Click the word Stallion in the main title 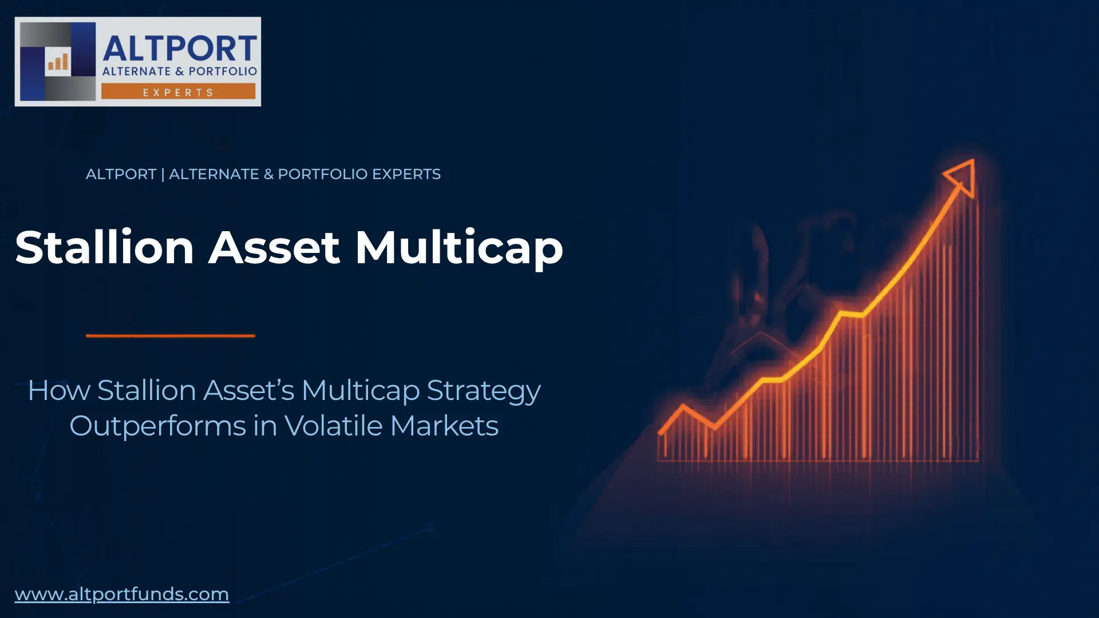tap(105, 247)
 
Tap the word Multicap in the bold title tap(459, 247)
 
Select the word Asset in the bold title tap(275, 247)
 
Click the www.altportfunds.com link tap(122, 594)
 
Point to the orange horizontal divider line tap(171, 336)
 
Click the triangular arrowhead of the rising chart tap(962, 176)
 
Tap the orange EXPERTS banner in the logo tap(178, 92)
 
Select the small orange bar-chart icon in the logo tap(58, 62)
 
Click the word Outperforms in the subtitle tap(157, 426)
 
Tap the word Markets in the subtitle tap(444, 426)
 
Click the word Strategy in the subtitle tap(484, 391)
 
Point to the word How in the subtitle tap(59, 390)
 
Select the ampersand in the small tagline tap(268, 174)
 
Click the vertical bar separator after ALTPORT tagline tap(163, 174)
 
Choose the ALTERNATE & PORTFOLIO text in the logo tap(180, 72)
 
